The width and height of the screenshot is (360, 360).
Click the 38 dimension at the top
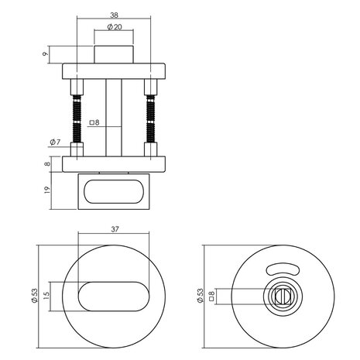pyautogui.click(x=115, y=15)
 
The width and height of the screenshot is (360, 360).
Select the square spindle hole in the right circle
pyautogui.click(x=282, y=296)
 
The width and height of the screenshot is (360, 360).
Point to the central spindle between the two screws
pyautogui.click(x=114, y=120)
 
